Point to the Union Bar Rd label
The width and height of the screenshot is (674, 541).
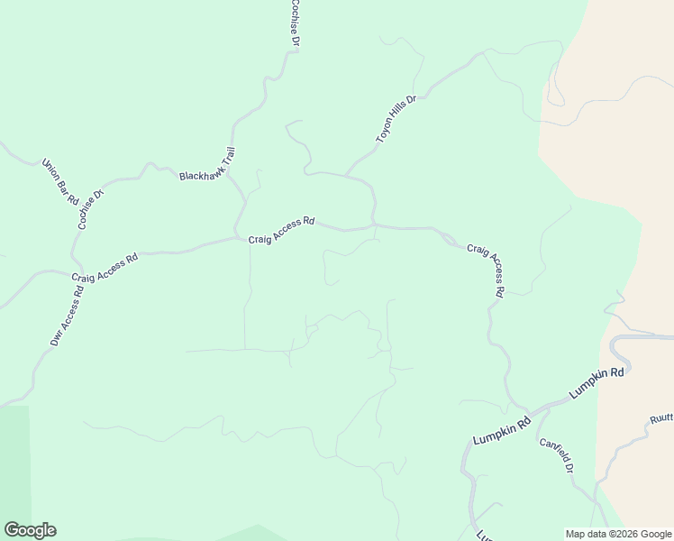pyautogui.click(x=61, y=181)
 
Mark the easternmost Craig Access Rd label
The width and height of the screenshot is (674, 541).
pyautogui.click(x=487, y=268)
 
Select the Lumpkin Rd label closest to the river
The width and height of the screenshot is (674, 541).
pyautogui.click(x=597, y=383)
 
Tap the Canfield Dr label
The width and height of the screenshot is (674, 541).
pyautogui.click(x=556, y=456)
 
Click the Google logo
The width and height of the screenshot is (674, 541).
pyautogui.click(x=30, y=530)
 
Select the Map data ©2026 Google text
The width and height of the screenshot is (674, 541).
pyautogui.click(x=618, y=533)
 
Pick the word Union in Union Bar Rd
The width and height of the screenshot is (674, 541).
pyautogui.click(x=51, y=170)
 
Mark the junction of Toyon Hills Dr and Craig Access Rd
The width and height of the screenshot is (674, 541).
pyautogui.click(x=373, y=225)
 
